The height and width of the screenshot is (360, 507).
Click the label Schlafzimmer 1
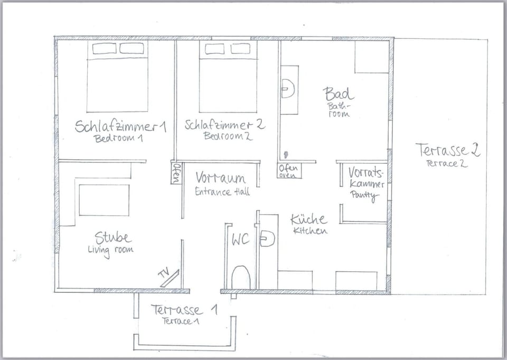point(120,126)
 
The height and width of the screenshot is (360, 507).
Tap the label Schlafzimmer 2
point(224,125)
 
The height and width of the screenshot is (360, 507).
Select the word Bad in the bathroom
point(339,94)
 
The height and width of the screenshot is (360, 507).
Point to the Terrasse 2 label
point(447,150)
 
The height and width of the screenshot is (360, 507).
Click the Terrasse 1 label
point(183,310)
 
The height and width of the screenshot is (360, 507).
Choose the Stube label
point(112,237)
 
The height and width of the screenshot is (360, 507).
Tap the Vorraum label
point(220,177)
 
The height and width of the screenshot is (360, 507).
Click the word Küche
point(309,219)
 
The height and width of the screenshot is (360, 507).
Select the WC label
point(240,239)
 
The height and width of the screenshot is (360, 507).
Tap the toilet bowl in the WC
point(241,278)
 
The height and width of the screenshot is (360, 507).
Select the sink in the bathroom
point(288,89)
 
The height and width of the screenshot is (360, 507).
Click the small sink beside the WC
point(267,239)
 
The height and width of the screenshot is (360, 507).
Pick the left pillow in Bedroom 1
point(104,49)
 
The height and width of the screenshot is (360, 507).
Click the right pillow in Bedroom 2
point(240,49)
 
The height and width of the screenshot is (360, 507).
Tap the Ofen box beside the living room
point(176,172)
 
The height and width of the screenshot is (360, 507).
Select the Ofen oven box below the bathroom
point(289,171)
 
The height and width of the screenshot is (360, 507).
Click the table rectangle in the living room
point(104,200)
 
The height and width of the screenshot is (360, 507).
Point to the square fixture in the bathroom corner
point(371,57)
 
